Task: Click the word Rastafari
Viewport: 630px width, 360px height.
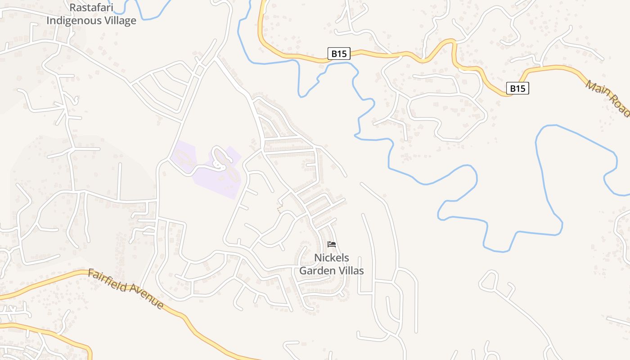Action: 91,8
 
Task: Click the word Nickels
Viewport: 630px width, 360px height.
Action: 332,258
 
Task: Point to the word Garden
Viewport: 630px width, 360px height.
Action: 315,270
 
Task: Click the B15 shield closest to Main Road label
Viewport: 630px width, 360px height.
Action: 517,89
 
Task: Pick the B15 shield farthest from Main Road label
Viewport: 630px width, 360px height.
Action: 339,54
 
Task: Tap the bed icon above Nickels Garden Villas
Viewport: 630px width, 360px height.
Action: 332,244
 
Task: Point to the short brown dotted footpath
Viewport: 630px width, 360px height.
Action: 280,208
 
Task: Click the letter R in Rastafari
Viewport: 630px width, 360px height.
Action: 72,8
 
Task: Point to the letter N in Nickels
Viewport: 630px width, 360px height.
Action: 318,258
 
